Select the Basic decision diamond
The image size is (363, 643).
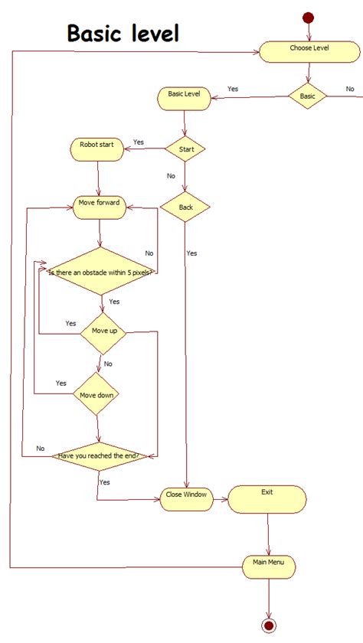[x=307, y=96]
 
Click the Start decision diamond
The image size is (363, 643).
[x=185, y=149]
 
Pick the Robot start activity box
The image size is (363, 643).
[x=97, y=148]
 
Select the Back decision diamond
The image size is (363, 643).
[x=185, y=207]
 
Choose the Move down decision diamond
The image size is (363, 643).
[x=96, y=395]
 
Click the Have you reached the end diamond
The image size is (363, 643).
[x=98, y=456]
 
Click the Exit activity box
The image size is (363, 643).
[x=267, y=498]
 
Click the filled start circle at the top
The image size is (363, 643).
[x=309, y=18]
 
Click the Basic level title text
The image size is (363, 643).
[x=123, y=34]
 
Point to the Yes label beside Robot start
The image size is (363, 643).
[x=139, y=142]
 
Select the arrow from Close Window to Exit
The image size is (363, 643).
[x=219, y=499]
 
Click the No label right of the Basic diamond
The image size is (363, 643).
[x=350, y=90]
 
